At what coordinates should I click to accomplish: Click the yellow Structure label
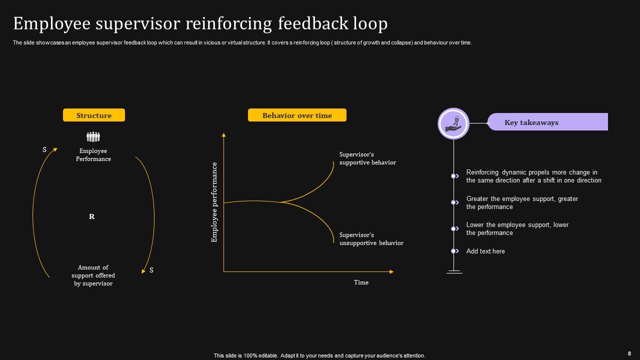pyautogui.click(x=94, y=115)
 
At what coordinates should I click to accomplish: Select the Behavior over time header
pyautogui.click(x=297, y=115)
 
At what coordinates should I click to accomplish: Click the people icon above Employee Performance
pyautogui.click(x=93, y=136)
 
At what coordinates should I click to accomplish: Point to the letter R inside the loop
pyautogui.click(x=91, y=216)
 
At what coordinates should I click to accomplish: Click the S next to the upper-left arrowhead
pyautogui.click(x=44, y=149)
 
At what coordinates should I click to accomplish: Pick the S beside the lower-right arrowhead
pyautogui.click(x=151, y=270)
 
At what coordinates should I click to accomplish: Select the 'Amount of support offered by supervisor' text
pyautogui.click(x=93, y=275)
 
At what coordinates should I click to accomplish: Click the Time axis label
pyautogui.click(x=361, y=282)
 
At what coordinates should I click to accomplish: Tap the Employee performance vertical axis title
pyautogui.click(x=214, y=202)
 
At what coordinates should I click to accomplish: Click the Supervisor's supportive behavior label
pyautogui.click(x=367, y=158)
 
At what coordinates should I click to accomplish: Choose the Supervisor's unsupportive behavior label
pyautogui.click(x=371, y=239)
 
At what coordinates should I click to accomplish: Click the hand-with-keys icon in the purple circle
pyautogui.click(x=453, y=123)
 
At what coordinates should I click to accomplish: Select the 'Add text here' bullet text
pyautogui.click(x=485, y=251)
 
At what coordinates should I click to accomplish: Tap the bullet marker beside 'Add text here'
pyautogui.click(x=454, y=251)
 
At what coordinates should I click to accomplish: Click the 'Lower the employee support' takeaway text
pyautogui.click(x=517, y=228)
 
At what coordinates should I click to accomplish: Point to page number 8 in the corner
pyautogui.click(x=629, y=353)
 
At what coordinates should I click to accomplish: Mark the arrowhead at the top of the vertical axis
pyautogui.click(x=223, y=134)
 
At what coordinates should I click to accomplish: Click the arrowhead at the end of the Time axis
pyautogui.click(x=391, y=271)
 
